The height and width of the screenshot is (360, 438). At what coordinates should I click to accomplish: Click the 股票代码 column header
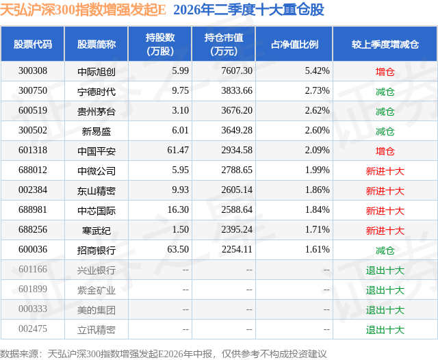coord(33,44)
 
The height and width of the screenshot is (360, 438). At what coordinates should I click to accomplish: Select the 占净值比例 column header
coord(294,44)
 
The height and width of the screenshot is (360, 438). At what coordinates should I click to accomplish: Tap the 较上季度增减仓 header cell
coord(385,44)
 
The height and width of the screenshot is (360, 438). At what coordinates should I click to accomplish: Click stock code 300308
coord(33,71)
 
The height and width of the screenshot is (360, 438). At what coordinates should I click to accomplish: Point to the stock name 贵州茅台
coord(96,112)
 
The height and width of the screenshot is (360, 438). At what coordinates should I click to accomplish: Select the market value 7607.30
coord(237,71)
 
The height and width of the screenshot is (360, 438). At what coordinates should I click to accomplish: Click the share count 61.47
coord(178,151)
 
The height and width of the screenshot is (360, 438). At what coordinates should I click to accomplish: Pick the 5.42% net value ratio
coord(317,71)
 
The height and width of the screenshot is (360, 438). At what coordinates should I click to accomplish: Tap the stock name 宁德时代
coord(96,91)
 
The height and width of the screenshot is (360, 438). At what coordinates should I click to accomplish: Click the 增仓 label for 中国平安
coord(385,151)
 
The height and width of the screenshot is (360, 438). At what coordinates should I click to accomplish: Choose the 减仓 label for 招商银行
coord(385,250)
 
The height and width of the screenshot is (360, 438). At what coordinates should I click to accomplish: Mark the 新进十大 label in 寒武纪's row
coord(385,231)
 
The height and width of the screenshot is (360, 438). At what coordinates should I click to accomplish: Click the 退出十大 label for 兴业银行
coord(385,270)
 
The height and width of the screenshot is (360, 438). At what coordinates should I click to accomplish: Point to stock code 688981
coord(33,209)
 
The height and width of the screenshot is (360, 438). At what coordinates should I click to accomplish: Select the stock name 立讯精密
coord(96,330)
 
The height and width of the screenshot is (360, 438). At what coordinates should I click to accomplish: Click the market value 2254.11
coord(237,249)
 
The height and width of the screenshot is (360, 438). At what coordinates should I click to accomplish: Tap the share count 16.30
coord(178,209)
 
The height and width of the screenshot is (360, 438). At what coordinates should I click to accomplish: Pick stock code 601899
coord(33,289)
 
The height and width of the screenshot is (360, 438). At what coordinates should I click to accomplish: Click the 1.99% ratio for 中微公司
coord(317,170)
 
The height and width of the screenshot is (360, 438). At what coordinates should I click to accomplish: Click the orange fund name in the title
coord(83,10)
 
